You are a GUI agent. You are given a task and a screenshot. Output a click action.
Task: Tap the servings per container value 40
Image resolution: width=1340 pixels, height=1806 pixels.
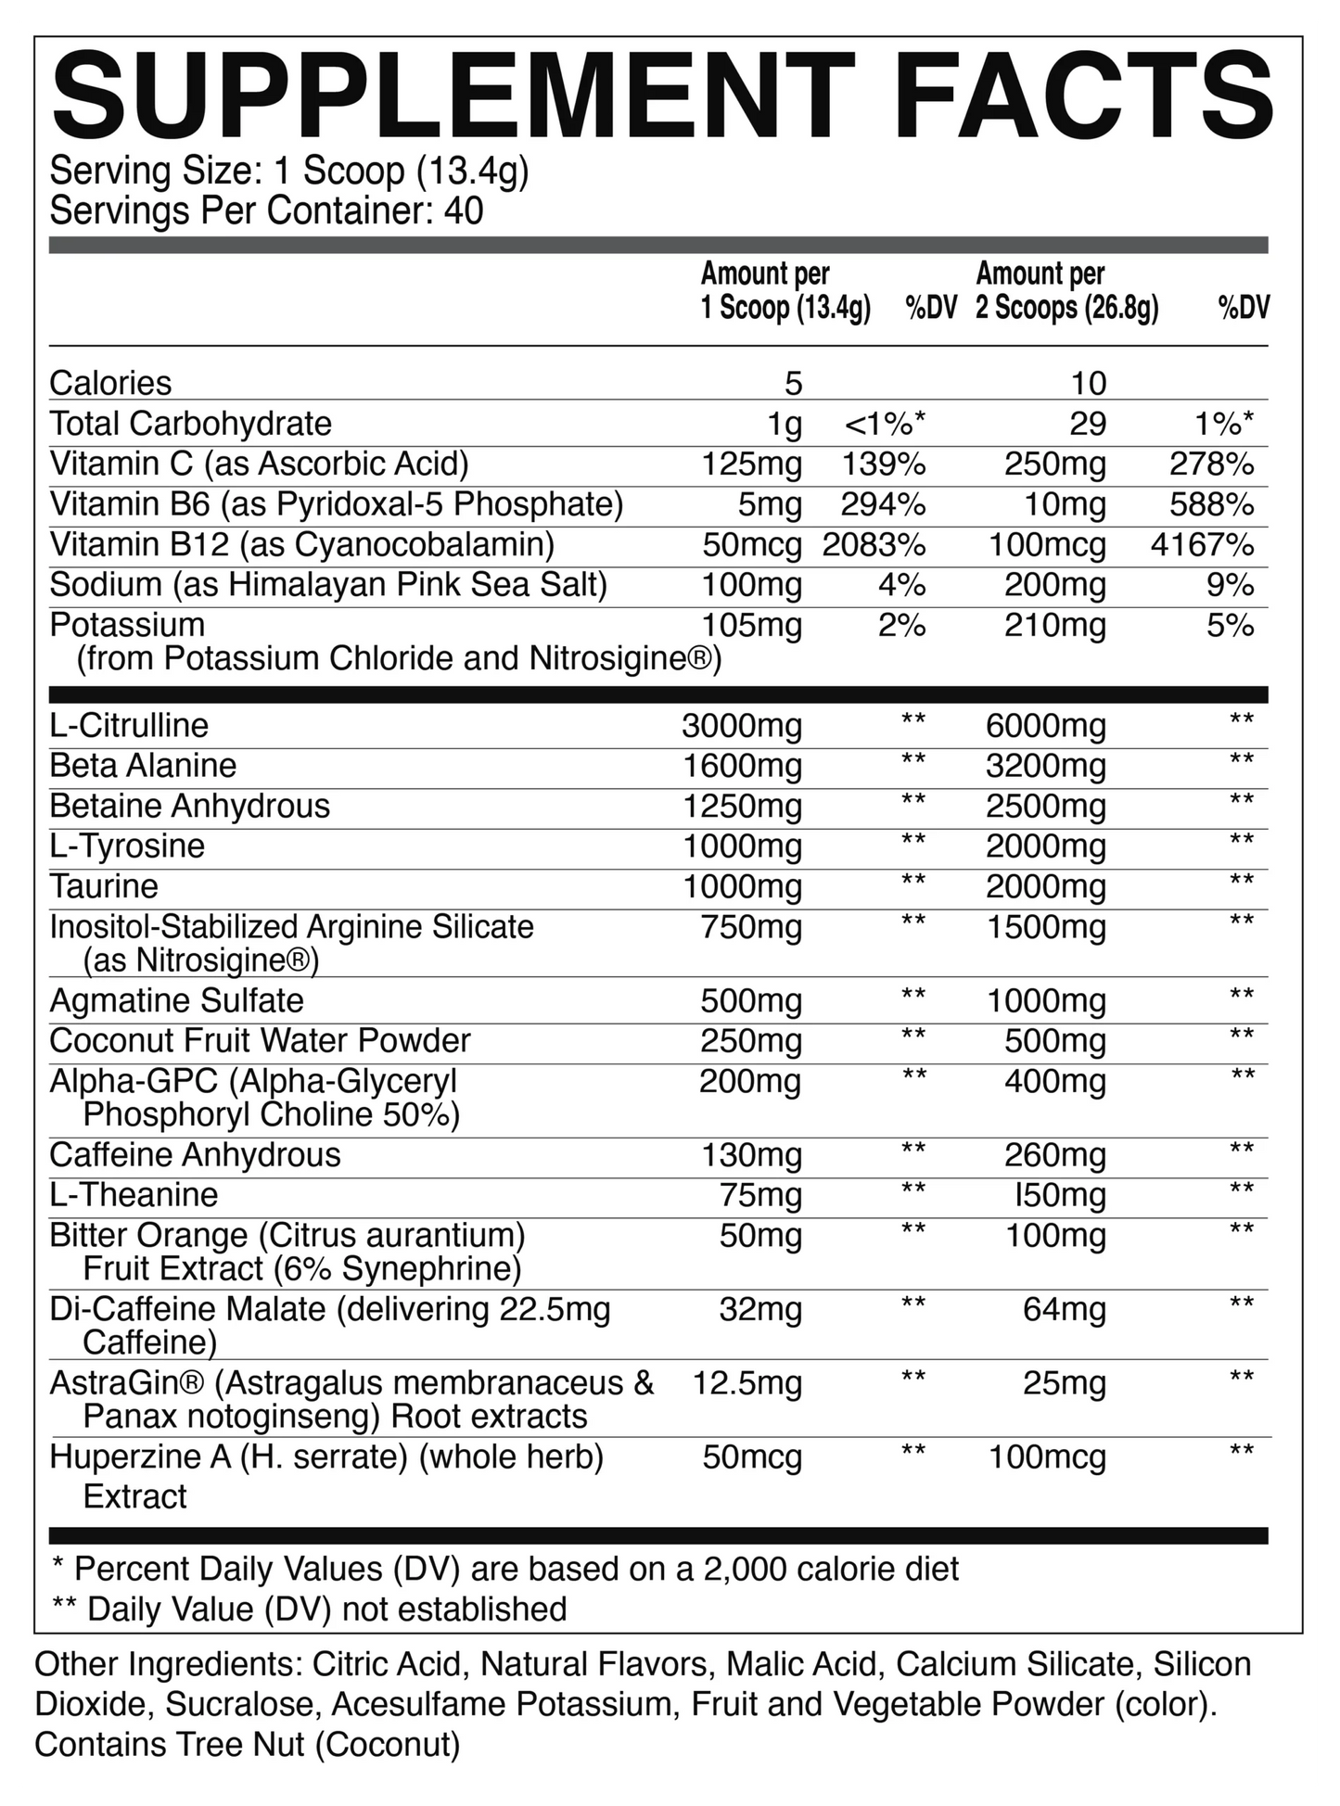pos(464,211)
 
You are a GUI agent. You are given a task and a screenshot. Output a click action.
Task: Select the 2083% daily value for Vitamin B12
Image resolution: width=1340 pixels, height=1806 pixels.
pos(874,545)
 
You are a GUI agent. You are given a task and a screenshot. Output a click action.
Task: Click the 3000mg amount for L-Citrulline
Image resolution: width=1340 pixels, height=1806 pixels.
pos(742,726)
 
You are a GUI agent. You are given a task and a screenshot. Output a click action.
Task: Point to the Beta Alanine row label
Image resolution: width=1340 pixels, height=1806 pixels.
pos(143,766)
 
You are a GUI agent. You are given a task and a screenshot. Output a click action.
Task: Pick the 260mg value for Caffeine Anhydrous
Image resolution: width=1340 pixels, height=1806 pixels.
pos(1055,1155)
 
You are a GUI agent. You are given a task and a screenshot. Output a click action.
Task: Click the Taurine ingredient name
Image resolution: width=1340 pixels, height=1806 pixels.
pos(104,887)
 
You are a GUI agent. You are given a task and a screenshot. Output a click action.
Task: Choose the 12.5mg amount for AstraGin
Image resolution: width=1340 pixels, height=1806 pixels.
pos(747,1383)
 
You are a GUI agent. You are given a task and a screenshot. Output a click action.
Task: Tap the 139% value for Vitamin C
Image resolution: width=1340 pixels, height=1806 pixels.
pos(883,464)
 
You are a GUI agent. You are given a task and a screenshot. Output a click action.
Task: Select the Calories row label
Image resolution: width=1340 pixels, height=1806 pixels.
pos(110,384)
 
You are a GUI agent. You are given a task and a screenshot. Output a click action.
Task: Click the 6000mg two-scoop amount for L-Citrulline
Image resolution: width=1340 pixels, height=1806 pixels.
pos(1046,726)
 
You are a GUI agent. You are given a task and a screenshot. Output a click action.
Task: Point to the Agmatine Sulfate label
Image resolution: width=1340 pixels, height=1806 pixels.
pos(176,1001)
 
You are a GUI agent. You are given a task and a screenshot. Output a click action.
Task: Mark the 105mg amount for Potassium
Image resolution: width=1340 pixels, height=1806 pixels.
pos(751,626)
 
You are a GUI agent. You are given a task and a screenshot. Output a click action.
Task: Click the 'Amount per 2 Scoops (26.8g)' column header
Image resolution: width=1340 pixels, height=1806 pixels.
pos(1066,291)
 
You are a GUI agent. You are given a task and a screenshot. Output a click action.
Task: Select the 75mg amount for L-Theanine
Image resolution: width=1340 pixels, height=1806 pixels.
pos(760,1196)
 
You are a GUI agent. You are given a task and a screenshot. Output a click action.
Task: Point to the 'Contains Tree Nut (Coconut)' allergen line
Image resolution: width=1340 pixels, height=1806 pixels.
pos(247,1745)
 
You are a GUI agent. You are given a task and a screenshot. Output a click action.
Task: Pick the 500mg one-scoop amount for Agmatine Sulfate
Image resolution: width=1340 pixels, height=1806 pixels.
pos(751,1001)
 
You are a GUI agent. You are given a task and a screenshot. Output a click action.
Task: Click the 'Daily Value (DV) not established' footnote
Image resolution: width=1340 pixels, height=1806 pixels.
pos(325,1609)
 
